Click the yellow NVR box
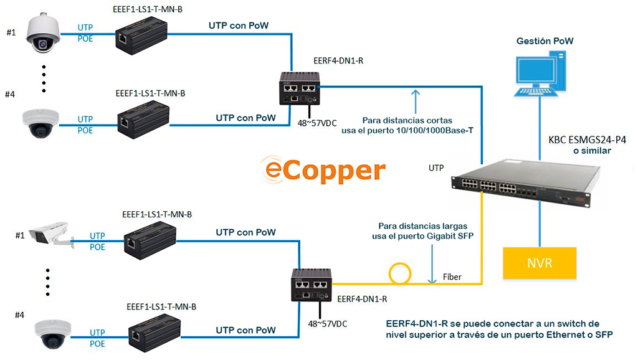[540, 262]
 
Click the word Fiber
[452, 277]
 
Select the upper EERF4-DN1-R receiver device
[299, 88]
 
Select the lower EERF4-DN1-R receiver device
[312, 285]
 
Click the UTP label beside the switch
[436, 168]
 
